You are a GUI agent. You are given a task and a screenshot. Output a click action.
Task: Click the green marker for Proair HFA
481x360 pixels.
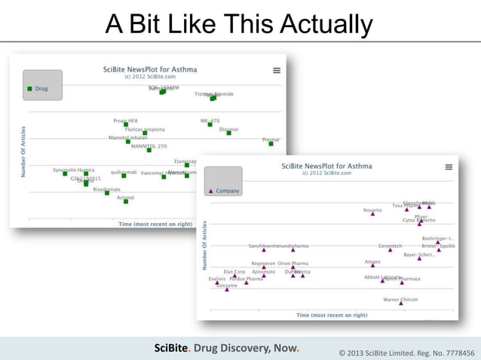[126, 125]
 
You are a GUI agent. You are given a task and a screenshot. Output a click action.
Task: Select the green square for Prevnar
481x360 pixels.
[271, 144]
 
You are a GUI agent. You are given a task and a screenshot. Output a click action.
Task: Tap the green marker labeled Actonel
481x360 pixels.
[126, 201]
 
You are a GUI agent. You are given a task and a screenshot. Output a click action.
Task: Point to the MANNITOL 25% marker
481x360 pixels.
[149, 151]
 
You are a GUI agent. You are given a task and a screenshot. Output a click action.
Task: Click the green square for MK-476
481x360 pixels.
[210, 125]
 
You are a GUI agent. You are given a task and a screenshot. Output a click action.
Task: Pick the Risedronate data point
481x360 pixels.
[106, 194]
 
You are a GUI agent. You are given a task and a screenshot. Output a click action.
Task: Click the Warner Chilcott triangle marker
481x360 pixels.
[401, 304]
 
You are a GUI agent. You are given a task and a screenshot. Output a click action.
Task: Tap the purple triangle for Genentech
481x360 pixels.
[390, 250]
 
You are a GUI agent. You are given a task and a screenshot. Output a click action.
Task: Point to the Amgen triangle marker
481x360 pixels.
[372, 266]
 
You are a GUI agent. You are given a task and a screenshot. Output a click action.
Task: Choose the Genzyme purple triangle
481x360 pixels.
[227, 289]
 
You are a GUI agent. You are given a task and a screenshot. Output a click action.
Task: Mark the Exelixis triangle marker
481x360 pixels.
[217, 283]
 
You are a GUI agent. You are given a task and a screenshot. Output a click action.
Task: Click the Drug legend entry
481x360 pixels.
[38, 89]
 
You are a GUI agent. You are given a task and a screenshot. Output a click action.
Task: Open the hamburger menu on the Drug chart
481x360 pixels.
[277, 71]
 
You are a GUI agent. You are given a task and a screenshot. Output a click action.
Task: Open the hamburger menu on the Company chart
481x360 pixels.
[449, 167]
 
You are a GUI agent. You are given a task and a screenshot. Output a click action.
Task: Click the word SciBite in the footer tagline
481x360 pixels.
[171, 348]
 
